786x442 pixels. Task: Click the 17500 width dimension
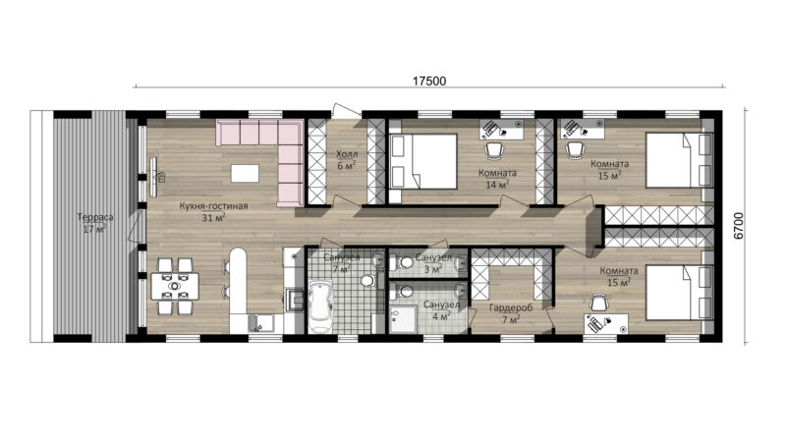click(429, 81)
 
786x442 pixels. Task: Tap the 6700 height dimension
click(739, 226)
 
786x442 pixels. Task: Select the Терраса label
click(95, 217)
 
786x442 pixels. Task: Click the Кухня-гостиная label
click(213, 206)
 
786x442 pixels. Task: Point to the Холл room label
click(347, 154)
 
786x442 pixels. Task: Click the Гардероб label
click(511, 308)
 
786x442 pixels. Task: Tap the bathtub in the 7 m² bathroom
click(320, 306)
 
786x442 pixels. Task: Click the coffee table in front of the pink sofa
click(245, 174)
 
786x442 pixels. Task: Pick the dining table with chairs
click(175, 286)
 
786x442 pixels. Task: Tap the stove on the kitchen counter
click(294, 300)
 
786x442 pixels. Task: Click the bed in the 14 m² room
click(423, 161)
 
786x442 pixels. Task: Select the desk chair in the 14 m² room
click(494, 149)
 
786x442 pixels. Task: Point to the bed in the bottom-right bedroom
click(679, 292)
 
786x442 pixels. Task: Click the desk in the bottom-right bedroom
click(606, 323)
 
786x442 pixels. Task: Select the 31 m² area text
click(213, 217)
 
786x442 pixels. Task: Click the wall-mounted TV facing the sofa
click(153, 177)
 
